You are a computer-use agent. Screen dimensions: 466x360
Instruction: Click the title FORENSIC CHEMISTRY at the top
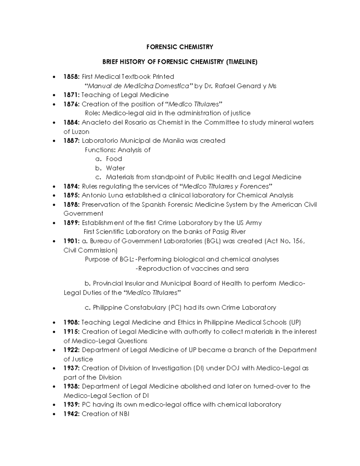coord(180,47)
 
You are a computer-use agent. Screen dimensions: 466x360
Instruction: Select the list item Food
coord(114,159)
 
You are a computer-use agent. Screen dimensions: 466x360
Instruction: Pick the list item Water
coord(115,168)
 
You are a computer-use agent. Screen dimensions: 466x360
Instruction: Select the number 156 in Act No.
coord(299,241)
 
